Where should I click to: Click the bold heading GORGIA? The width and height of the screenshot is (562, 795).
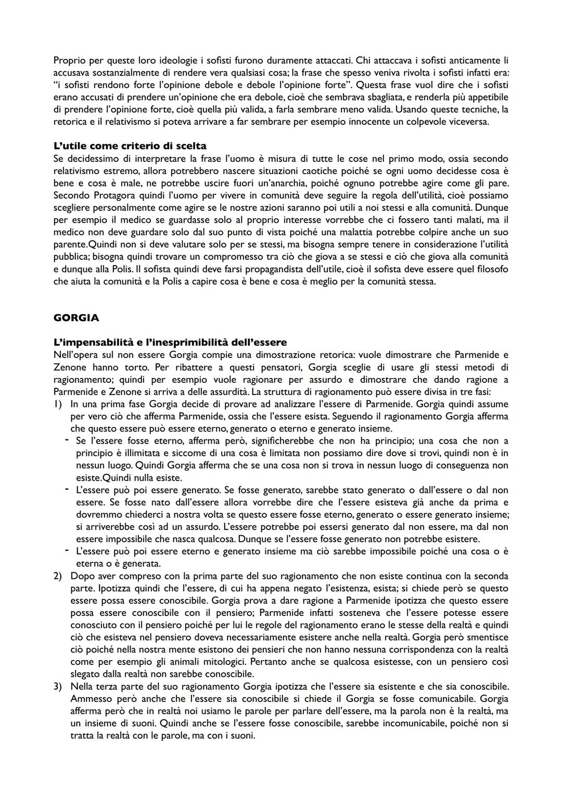tap(76, 318)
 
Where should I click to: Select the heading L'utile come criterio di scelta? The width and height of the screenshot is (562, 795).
tap(130, 146)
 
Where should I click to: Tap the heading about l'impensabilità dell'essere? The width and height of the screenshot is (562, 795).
tap(170, 343)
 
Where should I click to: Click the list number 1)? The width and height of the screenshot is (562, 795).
tap(58, 404)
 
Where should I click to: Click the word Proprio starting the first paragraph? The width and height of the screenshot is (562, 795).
tap(68, 60)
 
